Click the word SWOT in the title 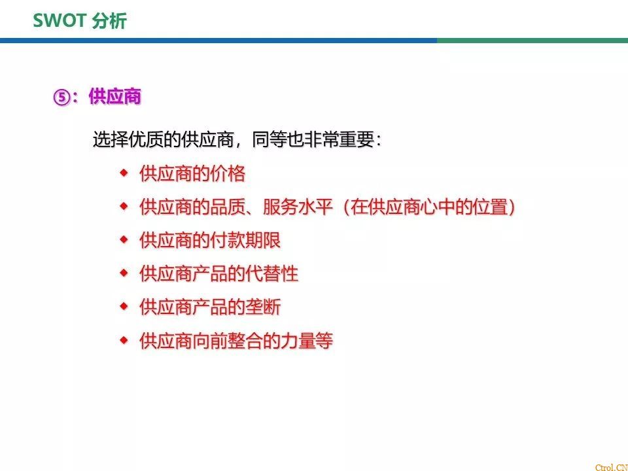tap(60, 21)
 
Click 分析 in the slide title tap(109, 21)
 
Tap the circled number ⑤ tap(61, 97)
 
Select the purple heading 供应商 tap(115, 97)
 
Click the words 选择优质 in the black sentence tap(128, 140)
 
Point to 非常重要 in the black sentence tap(340, 140)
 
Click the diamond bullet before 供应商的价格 tap(124, 173)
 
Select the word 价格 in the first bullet tap(228, 174)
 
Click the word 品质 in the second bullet tap(228, 207)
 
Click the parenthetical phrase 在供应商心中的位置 tap(429, 207)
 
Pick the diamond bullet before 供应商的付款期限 tap(124, 239)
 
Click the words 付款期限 tap(245, 240)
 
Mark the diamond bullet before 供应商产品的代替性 tap(124, 273)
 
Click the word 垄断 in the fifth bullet tap(263, 307)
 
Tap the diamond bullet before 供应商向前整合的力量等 tap(124, 340)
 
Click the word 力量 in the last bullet tap(298, 341)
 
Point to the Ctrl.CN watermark tap(612, 467)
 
